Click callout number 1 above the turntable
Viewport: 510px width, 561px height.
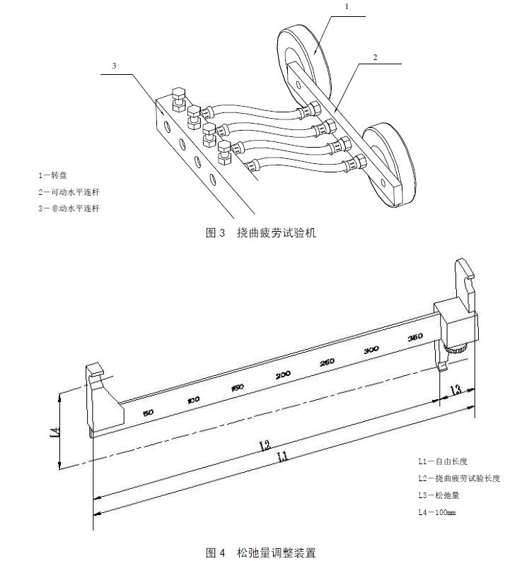coord(347,6)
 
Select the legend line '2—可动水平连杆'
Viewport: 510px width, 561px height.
coord(69,191)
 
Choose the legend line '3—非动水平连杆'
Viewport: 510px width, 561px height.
coord(69,208)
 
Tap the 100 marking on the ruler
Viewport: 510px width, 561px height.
coord(192,400)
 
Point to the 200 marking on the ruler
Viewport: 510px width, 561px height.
coord(283,374)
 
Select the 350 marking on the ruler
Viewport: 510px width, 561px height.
coord(415,337)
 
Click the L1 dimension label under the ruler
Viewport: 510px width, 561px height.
coord(282,457)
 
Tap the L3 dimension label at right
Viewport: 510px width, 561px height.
coord(456,389)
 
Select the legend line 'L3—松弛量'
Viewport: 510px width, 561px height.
coord(439,495)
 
